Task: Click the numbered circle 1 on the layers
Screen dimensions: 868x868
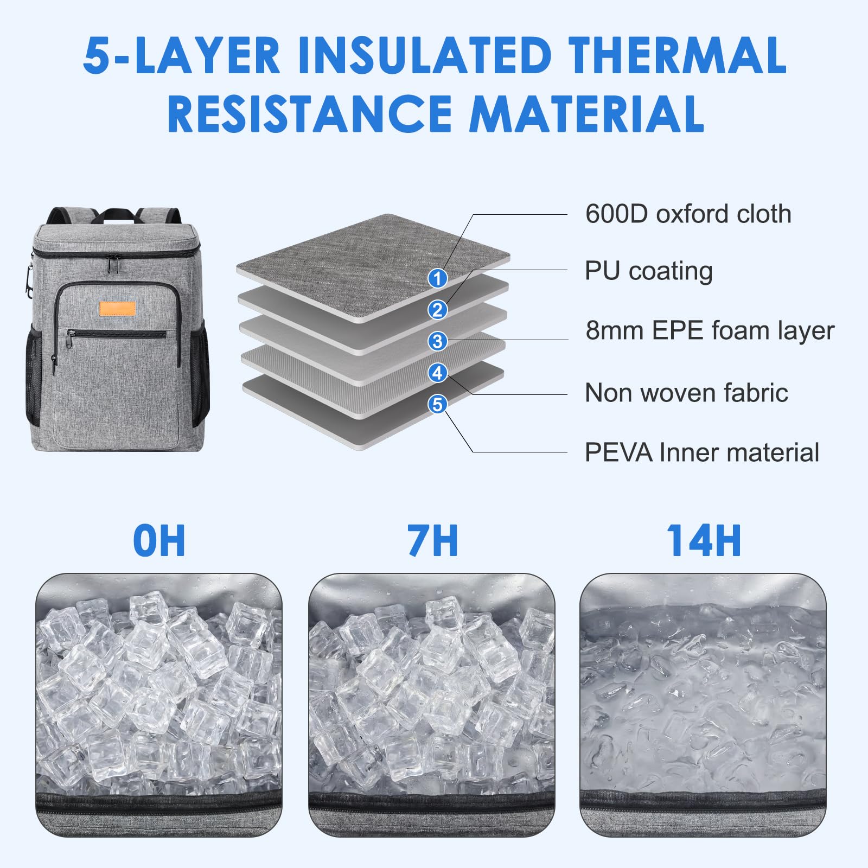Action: [437, 278]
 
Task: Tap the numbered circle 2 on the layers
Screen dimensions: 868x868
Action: [437, 310]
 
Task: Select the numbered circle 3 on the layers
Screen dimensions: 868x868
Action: [437, 341]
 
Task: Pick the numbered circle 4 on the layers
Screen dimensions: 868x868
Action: [437, 373]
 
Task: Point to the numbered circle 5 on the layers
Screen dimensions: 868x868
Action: [437, 404]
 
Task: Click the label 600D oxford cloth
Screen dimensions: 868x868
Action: [688, 214]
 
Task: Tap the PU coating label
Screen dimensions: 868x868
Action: [648, 271]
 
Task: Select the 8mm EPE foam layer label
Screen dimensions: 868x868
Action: [710, 330]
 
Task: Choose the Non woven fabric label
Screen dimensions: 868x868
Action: [686, 393]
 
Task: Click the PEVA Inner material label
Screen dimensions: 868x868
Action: [701, 452]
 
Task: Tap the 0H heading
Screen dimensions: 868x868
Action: [159, 541]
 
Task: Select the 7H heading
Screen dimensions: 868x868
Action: [432, 541]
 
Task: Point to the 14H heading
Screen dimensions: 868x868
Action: [704, 541]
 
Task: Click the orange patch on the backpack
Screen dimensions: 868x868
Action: [117, 308]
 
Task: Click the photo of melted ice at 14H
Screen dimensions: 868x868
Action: [703, 705]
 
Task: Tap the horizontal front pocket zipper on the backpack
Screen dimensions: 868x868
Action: [116, 334]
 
